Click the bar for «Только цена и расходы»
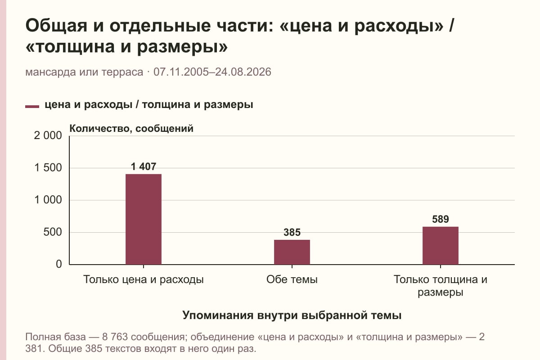[144, 219]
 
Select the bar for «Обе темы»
[292, 252]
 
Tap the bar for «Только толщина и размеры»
[441, 245]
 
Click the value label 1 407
[144, 166]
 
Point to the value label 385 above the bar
[292, 232]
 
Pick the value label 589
[441, 219]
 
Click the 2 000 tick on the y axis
[48, 135]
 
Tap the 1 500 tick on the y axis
[48, 167]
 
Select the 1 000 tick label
[48, 200]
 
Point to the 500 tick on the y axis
[53, 232]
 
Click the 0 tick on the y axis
[59, 264]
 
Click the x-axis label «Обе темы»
[292, 280]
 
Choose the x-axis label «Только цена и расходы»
[144, 280]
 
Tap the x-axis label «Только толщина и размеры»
[441, 286]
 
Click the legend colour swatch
[32, 106]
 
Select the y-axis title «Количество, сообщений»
[131, 129]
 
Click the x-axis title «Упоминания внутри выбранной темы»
[292, 315]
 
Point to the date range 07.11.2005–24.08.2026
[212, 72]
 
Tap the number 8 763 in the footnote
[115, 337]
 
